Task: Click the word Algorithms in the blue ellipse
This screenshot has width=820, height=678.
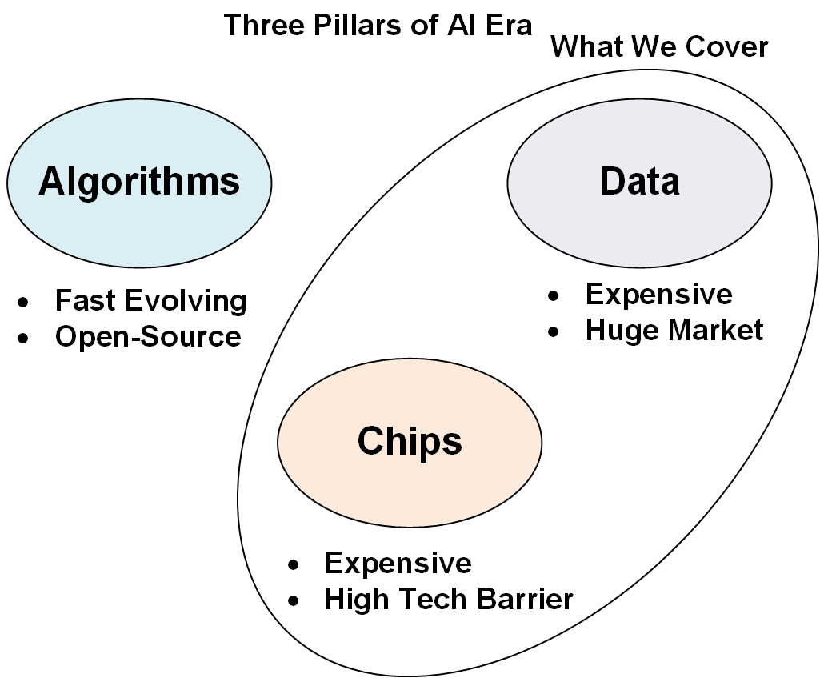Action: click(x=139, y=182)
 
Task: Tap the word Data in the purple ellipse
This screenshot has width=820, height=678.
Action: click(x=639, y=182)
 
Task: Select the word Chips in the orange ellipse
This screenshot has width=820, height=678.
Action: click(x=410, y=441)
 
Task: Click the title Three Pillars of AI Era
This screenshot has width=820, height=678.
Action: click(x=378, y=25)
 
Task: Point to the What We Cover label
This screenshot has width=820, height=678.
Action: click(x=659, y=47)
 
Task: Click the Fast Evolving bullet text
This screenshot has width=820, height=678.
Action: click(x=150, y=301)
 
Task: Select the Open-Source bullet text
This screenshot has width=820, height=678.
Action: click(x=148, y=336)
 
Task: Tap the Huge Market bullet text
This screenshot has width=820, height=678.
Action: click(x=674, y=330)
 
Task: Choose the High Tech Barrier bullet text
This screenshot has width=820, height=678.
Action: click(x=449, y=599)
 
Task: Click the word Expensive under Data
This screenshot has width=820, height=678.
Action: click(x=658, y=294)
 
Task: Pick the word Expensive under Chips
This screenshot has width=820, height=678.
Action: click(x=398, y=563)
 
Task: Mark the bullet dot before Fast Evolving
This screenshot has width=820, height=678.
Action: click(x=24, y=303)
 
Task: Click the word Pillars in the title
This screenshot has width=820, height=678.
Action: click(x=339, y=25)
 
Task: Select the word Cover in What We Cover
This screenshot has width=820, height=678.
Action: click(x=726, y=47)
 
